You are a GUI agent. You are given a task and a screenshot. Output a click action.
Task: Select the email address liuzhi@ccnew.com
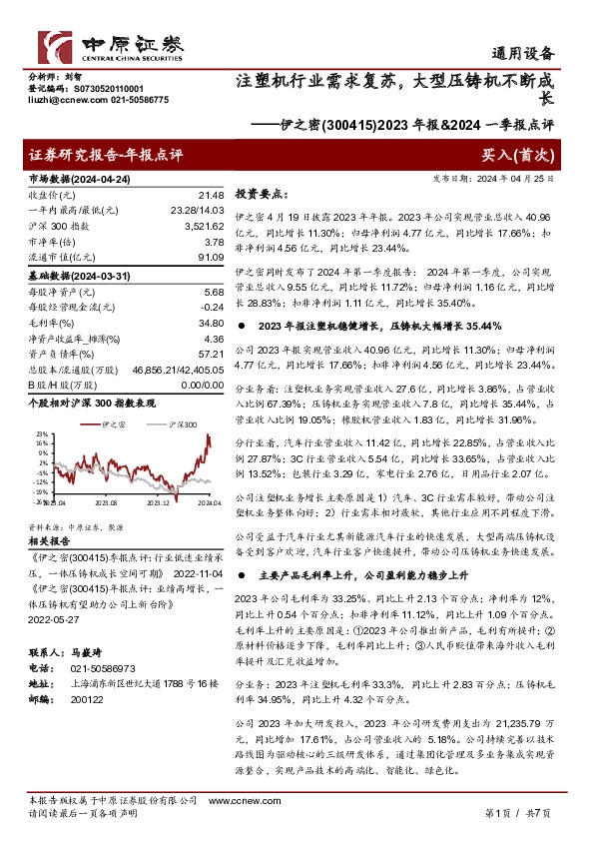[54, 100]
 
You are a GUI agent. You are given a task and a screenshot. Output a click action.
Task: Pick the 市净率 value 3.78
[212, 242]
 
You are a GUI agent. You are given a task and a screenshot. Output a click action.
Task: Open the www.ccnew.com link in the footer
[232, 801]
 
